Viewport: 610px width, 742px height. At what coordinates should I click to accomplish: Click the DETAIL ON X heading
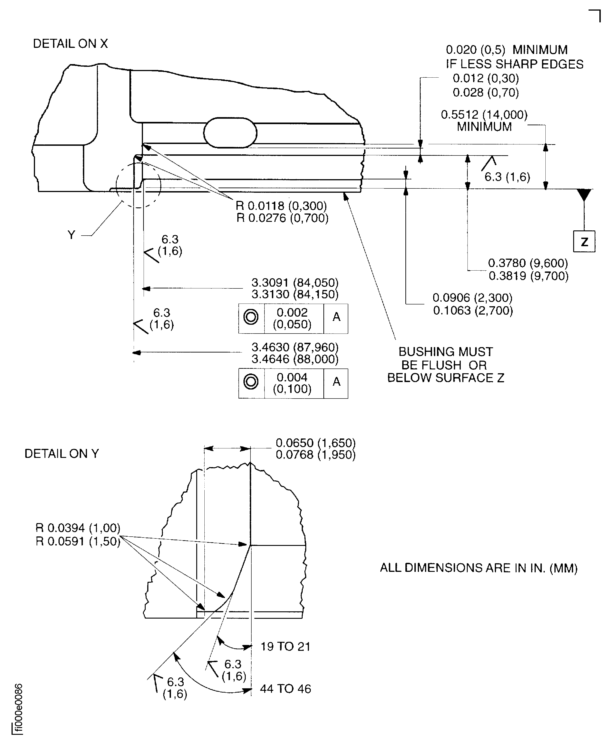pyautogui.click(x=70, y=44)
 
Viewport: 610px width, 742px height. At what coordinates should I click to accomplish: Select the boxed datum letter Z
pyautogui.click(x=584, y=242)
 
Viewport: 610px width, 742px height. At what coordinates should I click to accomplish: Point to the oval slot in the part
pyautogui.click(x=230, y=133)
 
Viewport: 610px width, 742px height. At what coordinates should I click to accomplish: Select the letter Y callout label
pyautogui.click(x=71, y=235)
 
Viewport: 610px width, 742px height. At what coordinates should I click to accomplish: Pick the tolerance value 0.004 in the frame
pyautogui.click(x=292, y=377)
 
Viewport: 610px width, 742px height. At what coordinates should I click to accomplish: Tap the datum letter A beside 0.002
pyautogui.click(x=336, y=317)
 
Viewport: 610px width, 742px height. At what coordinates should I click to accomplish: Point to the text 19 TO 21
pyautogui.click(x=285, y=647)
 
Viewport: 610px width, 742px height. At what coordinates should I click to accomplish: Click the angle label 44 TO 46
pyautogui.click(x=285, y=689)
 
